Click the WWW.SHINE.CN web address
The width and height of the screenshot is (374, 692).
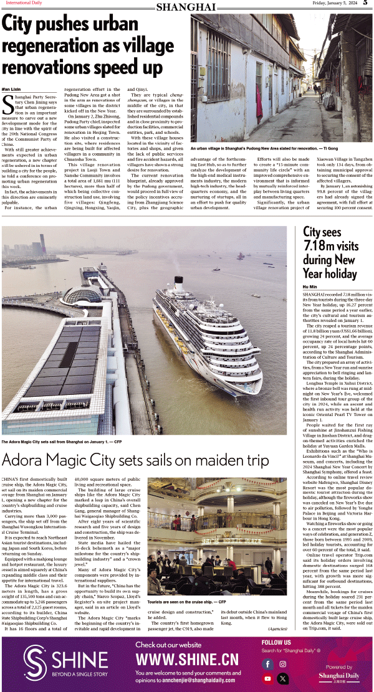click(x=187, y=660)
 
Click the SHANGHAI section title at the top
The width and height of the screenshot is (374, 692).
click(x=186, y=7)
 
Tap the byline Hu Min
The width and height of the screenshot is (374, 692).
click(x=310, y=286)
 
